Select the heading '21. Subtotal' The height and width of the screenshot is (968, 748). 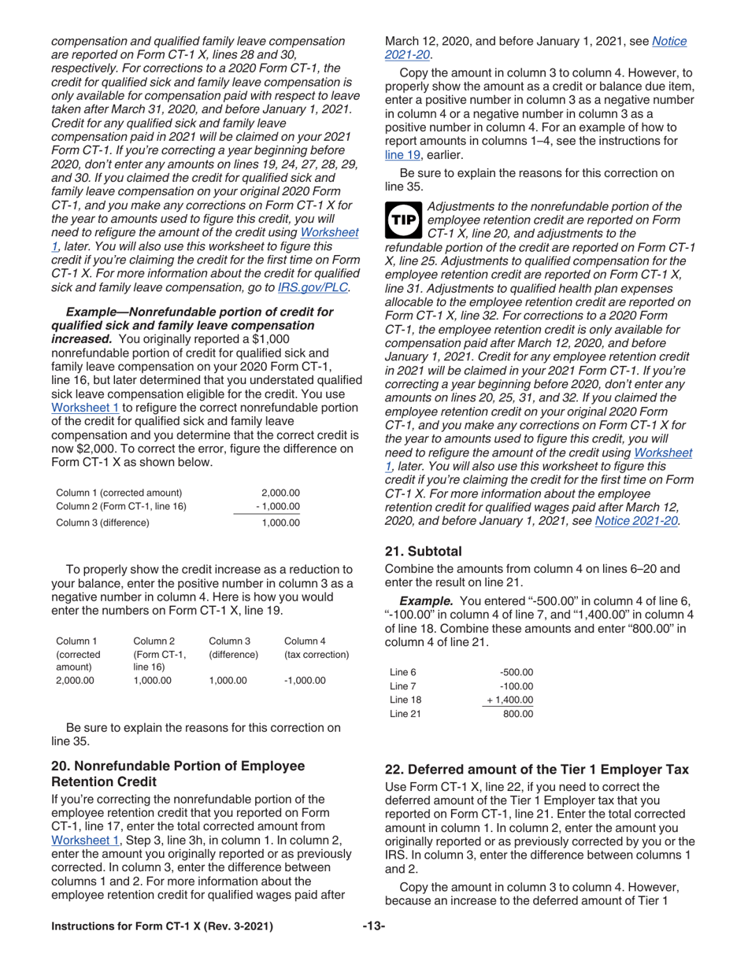tap(423, 551)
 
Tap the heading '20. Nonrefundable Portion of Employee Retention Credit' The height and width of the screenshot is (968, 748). tap(177, 774)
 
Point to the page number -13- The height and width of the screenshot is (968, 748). tap(373, 926)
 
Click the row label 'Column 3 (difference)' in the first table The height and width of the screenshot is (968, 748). tap(102, 522)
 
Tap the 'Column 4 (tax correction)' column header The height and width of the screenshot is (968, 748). tap(316, 647)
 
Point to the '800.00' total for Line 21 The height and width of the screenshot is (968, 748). tap(518, 715)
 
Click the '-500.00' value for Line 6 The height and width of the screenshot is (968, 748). tap(517, 671)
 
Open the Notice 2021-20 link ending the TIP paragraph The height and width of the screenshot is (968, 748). tap(637, 520)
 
